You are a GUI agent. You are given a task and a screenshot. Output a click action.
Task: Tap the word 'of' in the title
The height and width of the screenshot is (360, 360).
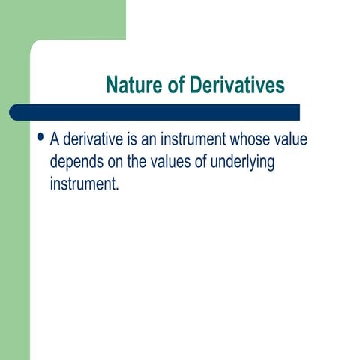pos(173,85)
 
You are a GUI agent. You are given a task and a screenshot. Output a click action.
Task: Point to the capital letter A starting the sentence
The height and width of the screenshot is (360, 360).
pos(55,140)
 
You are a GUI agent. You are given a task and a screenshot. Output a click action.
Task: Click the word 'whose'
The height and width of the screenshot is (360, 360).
pos(256,140)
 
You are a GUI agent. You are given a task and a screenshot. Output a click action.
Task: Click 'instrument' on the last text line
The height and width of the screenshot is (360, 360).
pos(82,184)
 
